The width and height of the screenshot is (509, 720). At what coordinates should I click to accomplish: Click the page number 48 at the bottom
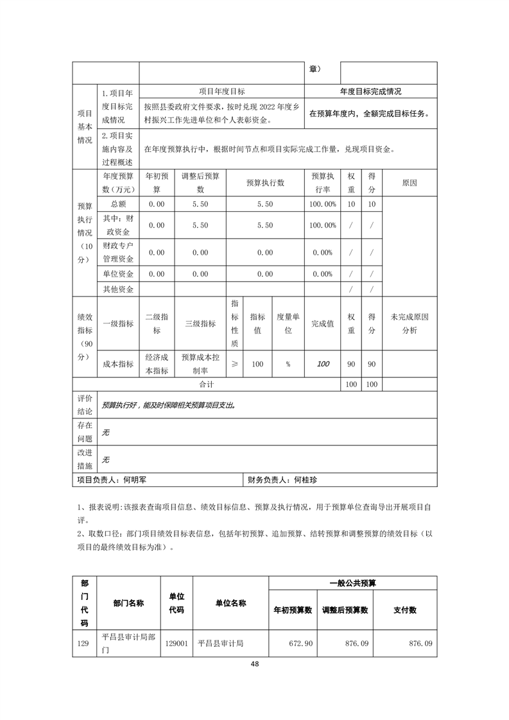click(x=254, y=664)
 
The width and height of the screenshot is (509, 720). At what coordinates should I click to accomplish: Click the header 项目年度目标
click(x=221, y=92)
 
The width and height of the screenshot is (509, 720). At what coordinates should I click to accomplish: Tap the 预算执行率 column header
click(x=323, y=182)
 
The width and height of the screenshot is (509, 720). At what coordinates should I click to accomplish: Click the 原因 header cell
click(x=410, y=182)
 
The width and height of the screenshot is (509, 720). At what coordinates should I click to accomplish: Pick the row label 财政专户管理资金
click(x=118, y=252)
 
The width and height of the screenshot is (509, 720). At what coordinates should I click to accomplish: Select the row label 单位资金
click(x=118, y=274)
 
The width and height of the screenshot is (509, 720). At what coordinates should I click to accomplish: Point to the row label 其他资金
click(x=118, y=289)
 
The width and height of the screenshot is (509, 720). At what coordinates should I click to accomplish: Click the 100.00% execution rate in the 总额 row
click(x=323, y=204)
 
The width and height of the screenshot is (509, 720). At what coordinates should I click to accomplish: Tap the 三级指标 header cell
click(x=200, y=323)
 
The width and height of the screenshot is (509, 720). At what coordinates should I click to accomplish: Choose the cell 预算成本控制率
click(x=200, y=364)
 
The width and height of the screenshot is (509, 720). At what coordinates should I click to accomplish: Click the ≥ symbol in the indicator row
click(x=234, y=364)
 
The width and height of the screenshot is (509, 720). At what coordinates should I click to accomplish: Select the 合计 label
click(x=206, y=384)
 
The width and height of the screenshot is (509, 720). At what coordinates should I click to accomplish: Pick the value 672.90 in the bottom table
click(x=301, y=642)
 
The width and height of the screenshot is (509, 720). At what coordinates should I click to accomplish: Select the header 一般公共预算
click(x=352, y=583)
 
